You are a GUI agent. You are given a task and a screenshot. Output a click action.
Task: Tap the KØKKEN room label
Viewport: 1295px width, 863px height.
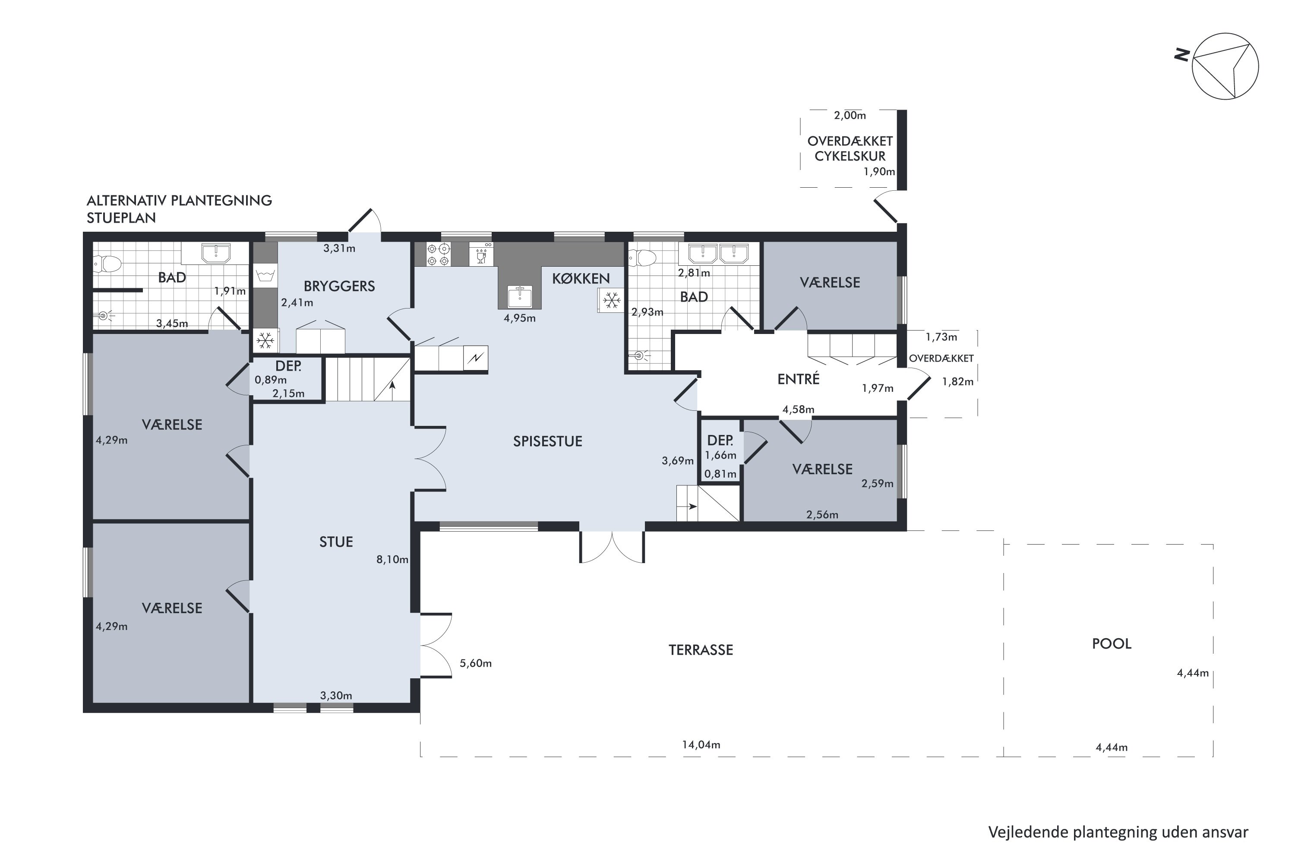coord(581,278)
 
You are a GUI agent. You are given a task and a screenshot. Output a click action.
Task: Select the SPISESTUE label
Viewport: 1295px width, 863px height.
coord(547,441)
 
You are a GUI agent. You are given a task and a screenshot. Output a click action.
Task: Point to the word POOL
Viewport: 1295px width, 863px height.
coord(1112,644)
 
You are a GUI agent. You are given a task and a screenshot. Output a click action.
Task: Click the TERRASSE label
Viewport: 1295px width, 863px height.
coord(701,650)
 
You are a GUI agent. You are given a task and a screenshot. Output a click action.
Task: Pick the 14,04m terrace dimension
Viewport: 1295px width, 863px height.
coord(701,745)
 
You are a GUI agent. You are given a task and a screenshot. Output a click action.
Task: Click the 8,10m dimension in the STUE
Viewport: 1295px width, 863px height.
coord(392,560)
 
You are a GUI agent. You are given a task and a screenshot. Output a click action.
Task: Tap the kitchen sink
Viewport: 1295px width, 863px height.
coord(519,297)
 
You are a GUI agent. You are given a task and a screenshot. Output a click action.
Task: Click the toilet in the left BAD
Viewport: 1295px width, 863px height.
coord(108,264)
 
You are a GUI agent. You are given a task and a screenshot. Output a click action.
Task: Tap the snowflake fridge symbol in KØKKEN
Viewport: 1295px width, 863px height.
coord(611,300)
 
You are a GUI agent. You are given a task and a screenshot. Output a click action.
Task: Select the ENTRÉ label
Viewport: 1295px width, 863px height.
coord(798,379)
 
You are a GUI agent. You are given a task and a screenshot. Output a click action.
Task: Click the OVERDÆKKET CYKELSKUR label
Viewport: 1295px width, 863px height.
coord(850,148)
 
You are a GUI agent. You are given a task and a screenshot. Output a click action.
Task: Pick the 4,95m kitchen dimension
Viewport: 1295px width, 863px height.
coord(519,318)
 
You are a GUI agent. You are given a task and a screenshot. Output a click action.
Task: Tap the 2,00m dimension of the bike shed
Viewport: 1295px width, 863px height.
coord(850,116)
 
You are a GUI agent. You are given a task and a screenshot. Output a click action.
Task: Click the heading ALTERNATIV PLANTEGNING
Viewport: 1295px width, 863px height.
coord(180,200)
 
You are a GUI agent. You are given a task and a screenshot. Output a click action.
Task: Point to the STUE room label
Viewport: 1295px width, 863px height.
coord(336,542)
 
